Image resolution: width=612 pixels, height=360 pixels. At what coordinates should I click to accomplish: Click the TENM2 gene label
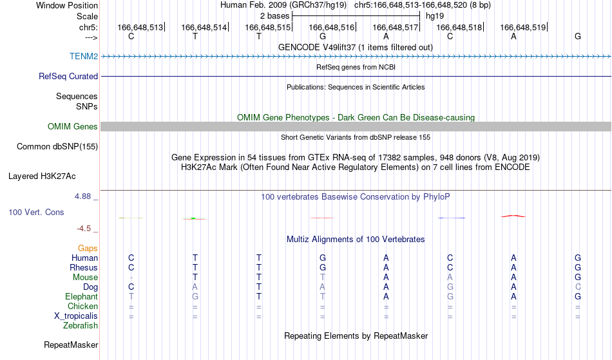click(x=84, y=56)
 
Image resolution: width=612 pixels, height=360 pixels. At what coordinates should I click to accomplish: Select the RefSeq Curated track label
click(x=68, y=76)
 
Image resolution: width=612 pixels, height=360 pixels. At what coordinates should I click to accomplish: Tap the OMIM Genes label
click(x=72, y=126)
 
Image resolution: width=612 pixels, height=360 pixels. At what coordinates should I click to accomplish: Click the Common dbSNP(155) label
click(x=57, y=146)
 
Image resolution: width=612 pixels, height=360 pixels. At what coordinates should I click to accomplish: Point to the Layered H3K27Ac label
click(x=42, y=176)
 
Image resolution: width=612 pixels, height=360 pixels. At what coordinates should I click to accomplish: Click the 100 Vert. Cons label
click(x=36, y=212)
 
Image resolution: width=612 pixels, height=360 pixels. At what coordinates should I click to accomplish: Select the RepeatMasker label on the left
click(x=71, y=345)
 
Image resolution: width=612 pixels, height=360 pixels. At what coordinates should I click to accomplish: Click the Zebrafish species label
click(x=81, y=325)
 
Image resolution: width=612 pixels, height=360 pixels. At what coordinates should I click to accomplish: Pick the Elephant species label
click(x=81, y=296)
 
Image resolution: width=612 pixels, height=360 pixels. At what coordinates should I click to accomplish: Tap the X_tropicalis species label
click(x=76, y=316)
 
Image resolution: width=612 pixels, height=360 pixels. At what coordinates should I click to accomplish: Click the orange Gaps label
click(x=88, y=248)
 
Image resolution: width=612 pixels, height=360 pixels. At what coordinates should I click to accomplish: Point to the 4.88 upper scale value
click(x=82, y=196)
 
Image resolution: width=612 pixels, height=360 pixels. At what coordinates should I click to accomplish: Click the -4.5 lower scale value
click(x=84, y=228)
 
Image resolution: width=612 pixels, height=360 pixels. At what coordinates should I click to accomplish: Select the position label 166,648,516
click(x=331, y=27)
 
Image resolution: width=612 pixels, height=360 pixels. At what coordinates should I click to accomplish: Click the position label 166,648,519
click(x=522, y=27)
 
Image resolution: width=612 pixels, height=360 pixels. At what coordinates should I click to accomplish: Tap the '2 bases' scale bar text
click(x=275, y=16)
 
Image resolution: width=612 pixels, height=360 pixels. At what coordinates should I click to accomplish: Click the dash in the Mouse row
click(x=131, y=278)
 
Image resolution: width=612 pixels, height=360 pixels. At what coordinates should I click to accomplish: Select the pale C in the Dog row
click(x=578, y=287)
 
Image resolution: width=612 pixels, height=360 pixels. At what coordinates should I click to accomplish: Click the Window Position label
click(x=67, y=5)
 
